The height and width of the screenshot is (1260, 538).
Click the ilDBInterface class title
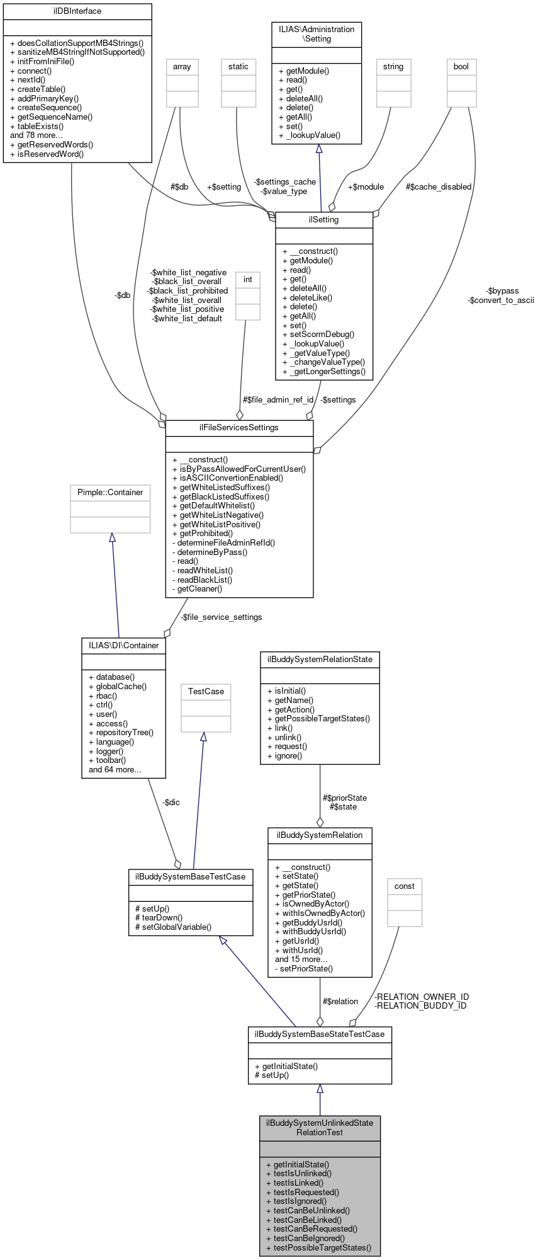[77, 11]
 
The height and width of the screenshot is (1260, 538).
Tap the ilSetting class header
[324, 220]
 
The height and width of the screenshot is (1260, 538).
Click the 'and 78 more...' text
[36, 135]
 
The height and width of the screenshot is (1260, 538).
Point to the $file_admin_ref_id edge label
[277, 400]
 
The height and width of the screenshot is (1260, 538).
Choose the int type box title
[247, 280]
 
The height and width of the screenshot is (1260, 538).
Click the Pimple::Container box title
[110, 493]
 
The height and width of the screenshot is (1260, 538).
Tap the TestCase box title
[206, 692]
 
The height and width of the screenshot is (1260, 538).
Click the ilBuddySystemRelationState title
[320, 660]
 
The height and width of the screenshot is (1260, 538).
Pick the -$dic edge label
[171, 803]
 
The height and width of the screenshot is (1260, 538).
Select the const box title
[404, 886]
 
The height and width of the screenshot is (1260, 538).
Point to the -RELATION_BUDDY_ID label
[420, 1005]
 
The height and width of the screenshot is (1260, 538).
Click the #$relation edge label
[340, 1001]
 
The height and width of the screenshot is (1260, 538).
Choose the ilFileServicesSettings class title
[239, 428]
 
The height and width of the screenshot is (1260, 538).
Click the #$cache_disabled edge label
[438, 187]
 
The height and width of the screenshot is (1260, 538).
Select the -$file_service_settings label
[221, 617]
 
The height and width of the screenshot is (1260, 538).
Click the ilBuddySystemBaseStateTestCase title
[320, 1034]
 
